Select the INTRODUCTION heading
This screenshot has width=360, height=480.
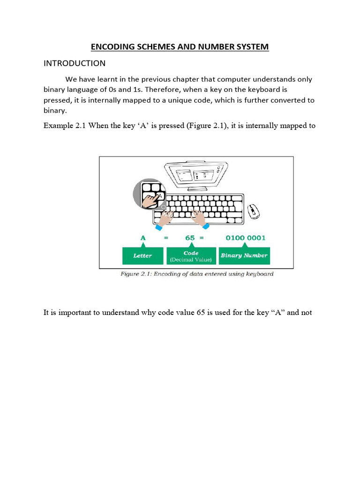75,63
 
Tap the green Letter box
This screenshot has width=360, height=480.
142,255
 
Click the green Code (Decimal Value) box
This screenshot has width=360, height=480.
191,256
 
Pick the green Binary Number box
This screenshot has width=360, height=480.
244,255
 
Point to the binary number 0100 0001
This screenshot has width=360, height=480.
245,238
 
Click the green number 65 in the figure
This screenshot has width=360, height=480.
190,238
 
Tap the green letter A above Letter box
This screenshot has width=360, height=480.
143,238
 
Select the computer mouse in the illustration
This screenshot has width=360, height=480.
253,210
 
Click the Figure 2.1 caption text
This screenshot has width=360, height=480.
197,274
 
